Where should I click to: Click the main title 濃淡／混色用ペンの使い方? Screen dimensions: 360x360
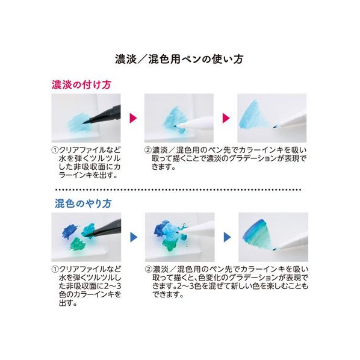pos(179,60)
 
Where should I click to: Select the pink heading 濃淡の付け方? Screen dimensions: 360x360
pos(81,84)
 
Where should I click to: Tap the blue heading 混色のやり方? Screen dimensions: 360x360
pos(83,203)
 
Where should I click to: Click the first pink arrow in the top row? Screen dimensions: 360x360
pos(133,118)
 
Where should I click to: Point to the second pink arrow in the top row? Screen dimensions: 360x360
pos(226,118)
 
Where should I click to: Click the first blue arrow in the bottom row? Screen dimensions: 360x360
pos(134,237)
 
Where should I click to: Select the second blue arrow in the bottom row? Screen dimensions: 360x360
pos(227,237)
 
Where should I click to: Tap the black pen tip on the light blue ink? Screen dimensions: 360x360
pos(85,123)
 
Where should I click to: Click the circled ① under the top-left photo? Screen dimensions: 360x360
pos(55,151)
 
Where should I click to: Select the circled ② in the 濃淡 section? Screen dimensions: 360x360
pos(148,151)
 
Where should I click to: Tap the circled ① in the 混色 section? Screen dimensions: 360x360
pos(55,269)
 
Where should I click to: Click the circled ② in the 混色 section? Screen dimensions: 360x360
pos(149,269)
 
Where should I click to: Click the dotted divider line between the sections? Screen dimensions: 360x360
pos(178,190)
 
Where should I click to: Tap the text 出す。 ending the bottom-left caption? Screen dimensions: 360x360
pos(68,303)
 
